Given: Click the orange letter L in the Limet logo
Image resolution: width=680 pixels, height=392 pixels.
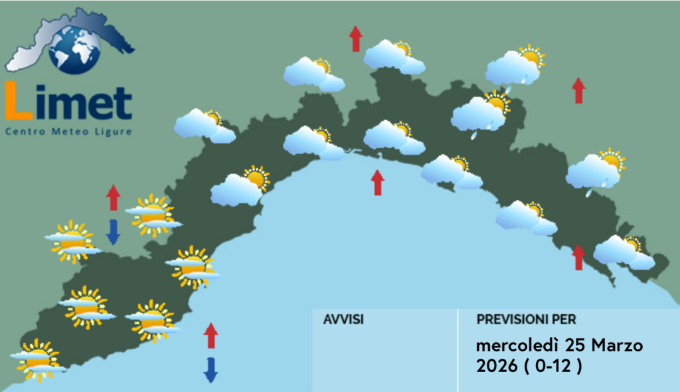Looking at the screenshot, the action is point(18,101).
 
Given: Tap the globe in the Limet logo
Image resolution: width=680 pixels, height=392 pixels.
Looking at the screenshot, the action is point(74,49).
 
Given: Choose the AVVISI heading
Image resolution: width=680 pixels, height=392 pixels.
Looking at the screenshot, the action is point(343,320).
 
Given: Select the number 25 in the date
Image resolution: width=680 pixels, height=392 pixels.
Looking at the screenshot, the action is point(576,345).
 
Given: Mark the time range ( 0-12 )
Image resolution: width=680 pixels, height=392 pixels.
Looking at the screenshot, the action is point(552,366).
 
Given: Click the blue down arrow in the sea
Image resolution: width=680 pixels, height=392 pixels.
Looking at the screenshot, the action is point(211,370).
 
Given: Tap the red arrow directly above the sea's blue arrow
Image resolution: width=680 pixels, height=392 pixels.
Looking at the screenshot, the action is point(211,336).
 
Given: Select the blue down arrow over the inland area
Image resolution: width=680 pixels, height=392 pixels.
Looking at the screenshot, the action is point(113,232).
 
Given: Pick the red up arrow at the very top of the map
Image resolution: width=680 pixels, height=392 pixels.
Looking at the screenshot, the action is point(356,39).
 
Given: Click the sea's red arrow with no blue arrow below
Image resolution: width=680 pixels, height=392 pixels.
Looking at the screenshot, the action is point(378,182).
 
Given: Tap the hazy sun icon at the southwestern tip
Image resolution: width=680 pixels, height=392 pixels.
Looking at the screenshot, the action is point(38,360).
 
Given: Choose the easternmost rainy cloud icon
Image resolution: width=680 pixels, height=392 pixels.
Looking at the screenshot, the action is point(596,171).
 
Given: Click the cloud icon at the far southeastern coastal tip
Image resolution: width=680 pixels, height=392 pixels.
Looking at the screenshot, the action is point(624,252).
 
